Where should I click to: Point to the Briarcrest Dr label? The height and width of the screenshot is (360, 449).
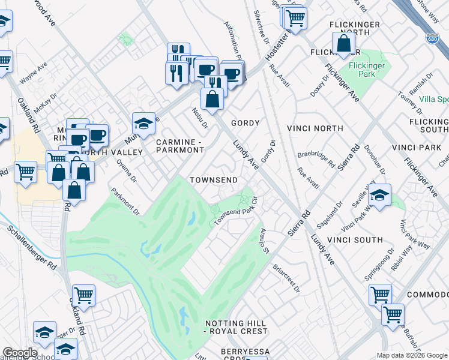[286, 277]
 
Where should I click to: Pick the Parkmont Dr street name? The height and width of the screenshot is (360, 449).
[125, 202]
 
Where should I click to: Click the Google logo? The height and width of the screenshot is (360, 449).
[20, 353]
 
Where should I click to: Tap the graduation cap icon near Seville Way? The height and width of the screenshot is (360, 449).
[379, 196]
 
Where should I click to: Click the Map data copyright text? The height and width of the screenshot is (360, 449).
[412, 355]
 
